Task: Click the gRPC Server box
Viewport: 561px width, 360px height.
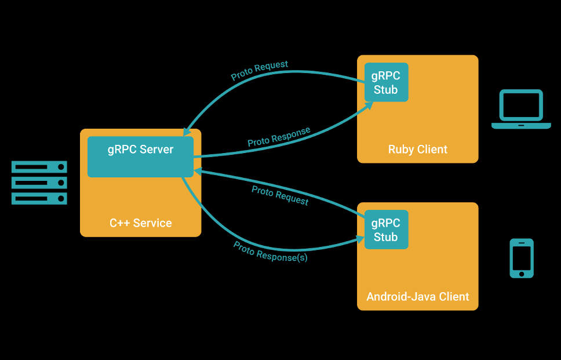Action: click(140, 157)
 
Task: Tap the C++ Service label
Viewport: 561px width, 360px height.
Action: click(141, 223)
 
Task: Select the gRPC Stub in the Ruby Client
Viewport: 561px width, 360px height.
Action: click(386, 82)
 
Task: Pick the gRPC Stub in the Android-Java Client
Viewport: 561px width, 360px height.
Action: click(386, 230)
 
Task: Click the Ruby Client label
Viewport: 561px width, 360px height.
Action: click(417, 150)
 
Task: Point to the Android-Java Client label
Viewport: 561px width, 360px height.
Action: click(417, 297)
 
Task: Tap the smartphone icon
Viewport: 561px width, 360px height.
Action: click(522, 258)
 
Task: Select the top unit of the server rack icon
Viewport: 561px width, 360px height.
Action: click(39, 167)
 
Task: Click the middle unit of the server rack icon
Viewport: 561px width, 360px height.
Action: click(39, 183)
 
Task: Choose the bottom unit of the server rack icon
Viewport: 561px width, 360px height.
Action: click(39, 198)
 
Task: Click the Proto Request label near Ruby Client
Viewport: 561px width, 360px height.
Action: click(259, 70)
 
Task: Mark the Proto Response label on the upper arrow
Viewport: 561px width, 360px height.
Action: click(279, 137)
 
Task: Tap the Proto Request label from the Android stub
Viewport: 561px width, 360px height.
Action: click(280, 195)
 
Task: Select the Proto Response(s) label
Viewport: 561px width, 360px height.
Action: click(270, 252)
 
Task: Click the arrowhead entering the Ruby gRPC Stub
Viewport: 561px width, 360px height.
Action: click(369, 106)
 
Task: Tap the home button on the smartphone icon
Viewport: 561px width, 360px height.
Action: click(522, 273)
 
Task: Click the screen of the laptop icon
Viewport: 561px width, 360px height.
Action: click(521, 106)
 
